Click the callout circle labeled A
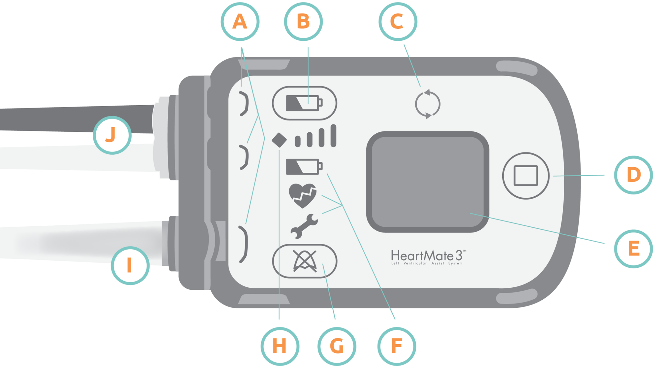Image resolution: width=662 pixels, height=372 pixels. pos(240,22)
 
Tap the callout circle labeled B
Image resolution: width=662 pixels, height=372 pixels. pos(303,22)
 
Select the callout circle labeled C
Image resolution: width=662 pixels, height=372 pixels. pos(398,22)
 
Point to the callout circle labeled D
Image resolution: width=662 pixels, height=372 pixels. pos(633,175)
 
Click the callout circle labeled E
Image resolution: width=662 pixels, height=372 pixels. pos(633,249)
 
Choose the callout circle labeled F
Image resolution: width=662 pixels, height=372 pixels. pos(397,346)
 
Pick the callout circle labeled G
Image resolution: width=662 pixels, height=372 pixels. pos(336,346)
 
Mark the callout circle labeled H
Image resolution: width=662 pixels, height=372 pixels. pos(280,346)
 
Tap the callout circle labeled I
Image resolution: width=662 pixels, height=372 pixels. pos(130,265)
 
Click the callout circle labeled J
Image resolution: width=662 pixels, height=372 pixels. pos(112,135)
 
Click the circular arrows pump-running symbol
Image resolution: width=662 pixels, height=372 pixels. pos(427,104)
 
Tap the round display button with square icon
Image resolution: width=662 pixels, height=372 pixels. pos(526,176)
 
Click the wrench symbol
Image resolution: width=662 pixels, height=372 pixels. pos(304,226)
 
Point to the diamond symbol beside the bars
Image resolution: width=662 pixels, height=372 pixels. pos(279,140)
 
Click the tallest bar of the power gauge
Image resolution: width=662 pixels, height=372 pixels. pos(334,136)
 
